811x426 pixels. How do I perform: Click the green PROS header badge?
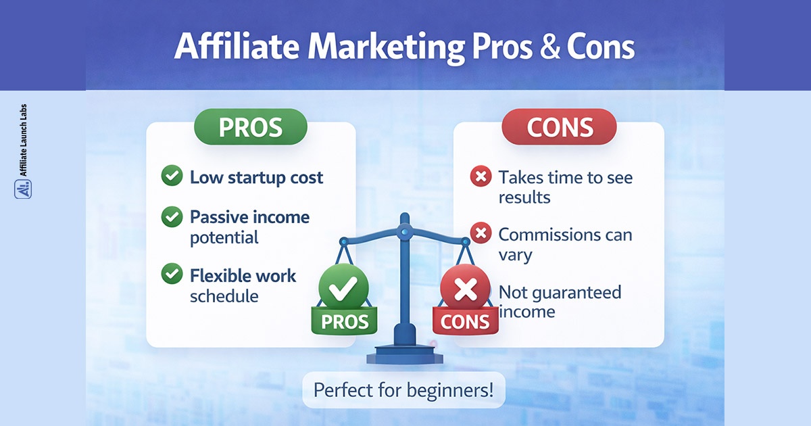(250, 128)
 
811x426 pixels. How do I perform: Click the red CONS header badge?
(559, 128)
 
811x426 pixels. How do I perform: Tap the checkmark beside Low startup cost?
(172, 177)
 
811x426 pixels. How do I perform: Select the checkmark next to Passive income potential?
(172, 217)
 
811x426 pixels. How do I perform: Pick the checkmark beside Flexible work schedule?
(172, 275)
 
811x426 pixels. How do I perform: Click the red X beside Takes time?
(480, 177)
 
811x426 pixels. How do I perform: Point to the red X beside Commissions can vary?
(480, 234)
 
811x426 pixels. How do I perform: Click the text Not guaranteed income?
(560, 302)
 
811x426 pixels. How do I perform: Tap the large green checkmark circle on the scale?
(345, 289)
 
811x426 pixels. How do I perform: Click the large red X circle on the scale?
(466, 289)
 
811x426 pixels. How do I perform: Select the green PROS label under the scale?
(345, 321)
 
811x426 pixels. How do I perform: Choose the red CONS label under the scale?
(464, 322)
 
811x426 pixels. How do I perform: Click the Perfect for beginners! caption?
(403, 390)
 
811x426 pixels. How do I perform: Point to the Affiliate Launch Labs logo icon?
(23, 188)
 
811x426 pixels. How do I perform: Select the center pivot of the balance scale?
(404, 231)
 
